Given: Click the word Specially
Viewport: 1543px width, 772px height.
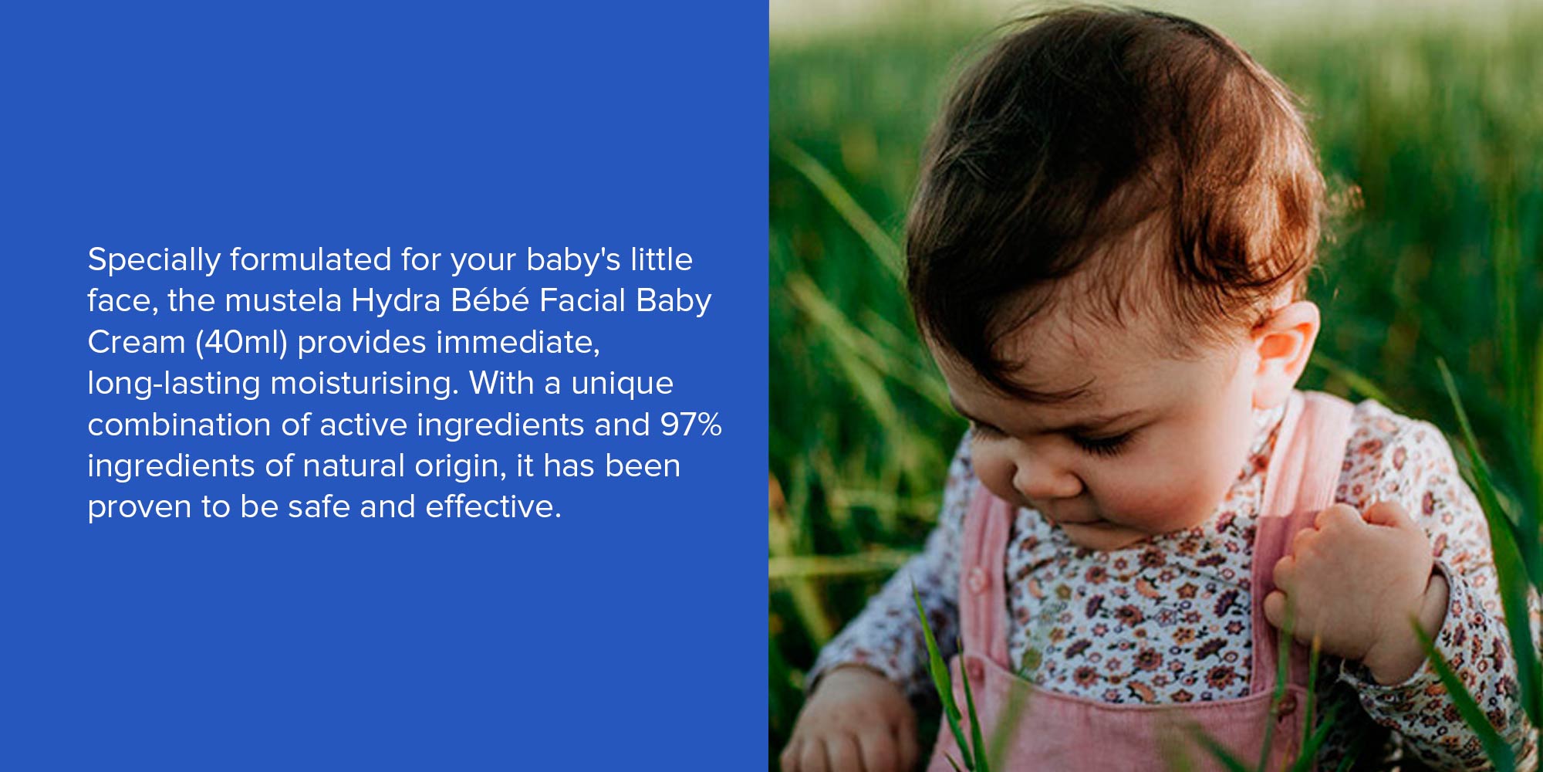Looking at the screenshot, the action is [x=154, y=261].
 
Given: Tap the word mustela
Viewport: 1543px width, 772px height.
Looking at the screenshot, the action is [x=283, y=300].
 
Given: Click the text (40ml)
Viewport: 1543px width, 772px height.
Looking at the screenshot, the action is [x=241, y=342].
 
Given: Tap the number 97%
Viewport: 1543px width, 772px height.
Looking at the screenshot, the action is [x=691, y=425].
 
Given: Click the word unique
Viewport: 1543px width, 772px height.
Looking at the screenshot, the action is [x=623, y=384].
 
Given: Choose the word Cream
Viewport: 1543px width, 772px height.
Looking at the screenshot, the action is [x=137, y=342].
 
